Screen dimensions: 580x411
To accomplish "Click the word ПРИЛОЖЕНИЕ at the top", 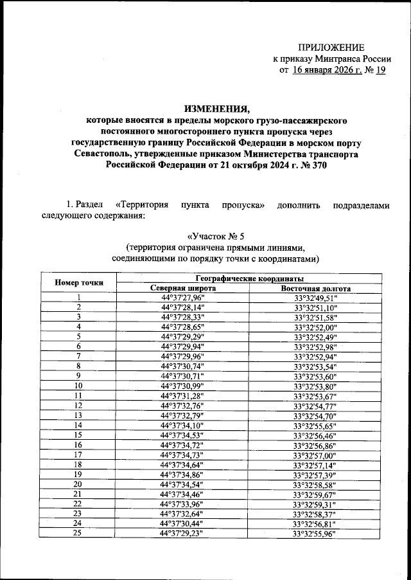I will (331, 48).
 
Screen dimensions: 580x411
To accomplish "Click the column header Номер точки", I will (78, 283).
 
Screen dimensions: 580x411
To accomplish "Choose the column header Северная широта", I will (183, 288).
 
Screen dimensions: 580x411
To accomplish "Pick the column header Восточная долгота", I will (315, 288).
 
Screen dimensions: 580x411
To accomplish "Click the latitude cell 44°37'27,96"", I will (183, 298).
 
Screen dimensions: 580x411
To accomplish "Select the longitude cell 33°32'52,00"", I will (315, 327).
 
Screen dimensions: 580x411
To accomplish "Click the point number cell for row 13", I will (78, 415).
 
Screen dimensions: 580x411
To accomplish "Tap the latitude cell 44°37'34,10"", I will (183, 426).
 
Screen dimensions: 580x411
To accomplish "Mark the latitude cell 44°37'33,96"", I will (183, 504).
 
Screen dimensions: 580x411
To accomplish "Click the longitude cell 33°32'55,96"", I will (315, 534).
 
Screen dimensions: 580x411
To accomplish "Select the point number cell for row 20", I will (78, 484).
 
